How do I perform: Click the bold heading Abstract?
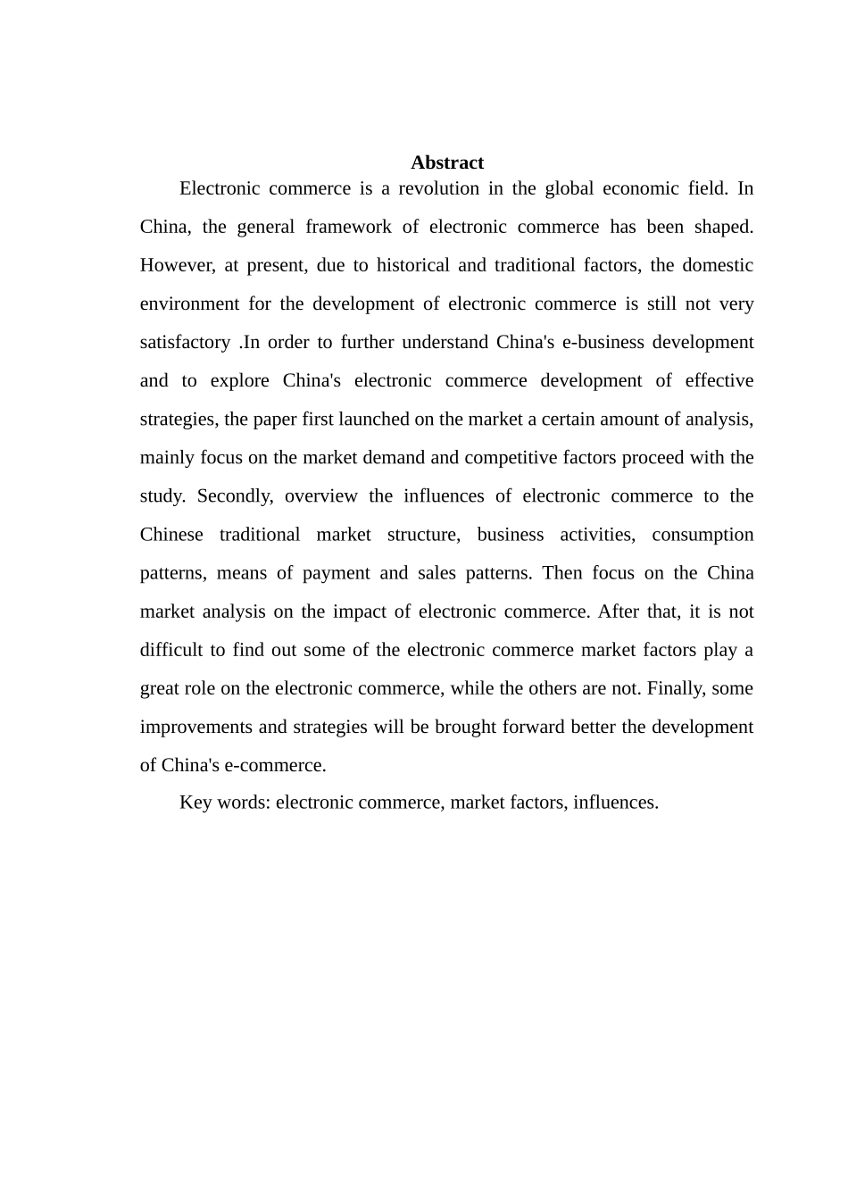pos(447,162)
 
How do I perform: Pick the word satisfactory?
pos(185,342)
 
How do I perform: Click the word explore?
pos(239,380)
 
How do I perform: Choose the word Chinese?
pos(171,534)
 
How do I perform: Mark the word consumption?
pos(703,534)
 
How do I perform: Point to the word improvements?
pos(196,726)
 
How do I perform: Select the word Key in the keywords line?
pos(195,802)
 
